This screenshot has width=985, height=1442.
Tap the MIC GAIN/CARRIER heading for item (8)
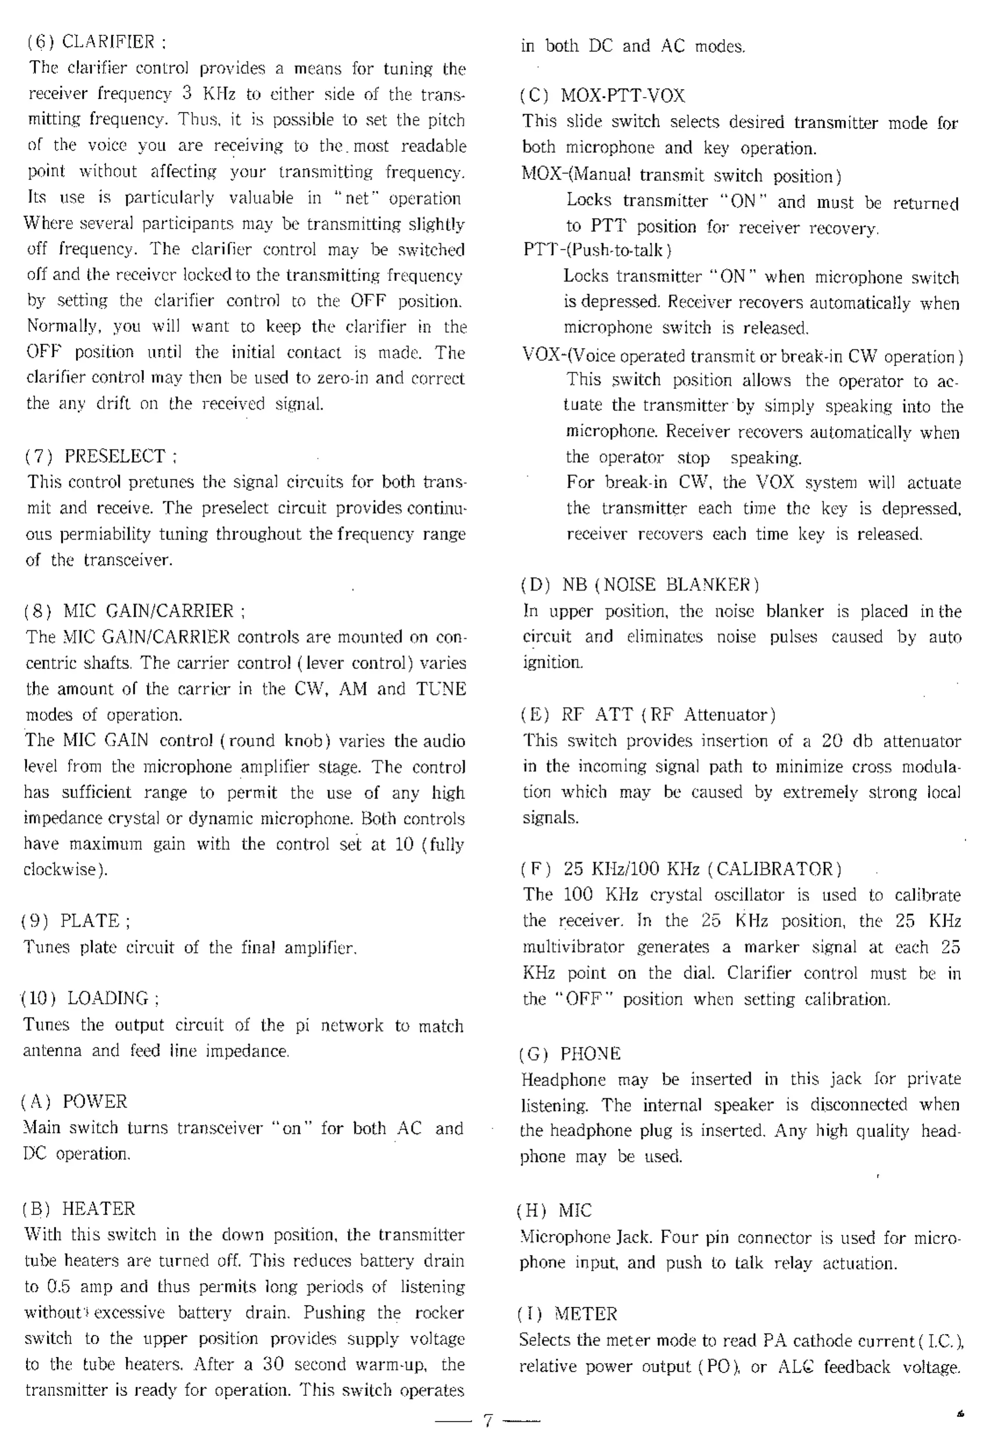pyautogui.click(x=148, y=611)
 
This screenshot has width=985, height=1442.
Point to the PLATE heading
pyautogui.click(x=90, y=920)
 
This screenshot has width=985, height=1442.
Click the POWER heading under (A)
pyautogui.click(x=94, y=1102)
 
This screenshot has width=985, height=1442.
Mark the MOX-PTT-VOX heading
pyautogui.click(x=623, y=96)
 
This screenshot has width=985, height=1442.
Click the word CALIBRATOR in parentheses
pyautogui.click(x=778, y=869)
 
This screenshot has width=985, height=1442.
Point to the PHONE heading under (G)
pyautogui.click(x=590, y=1054)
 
